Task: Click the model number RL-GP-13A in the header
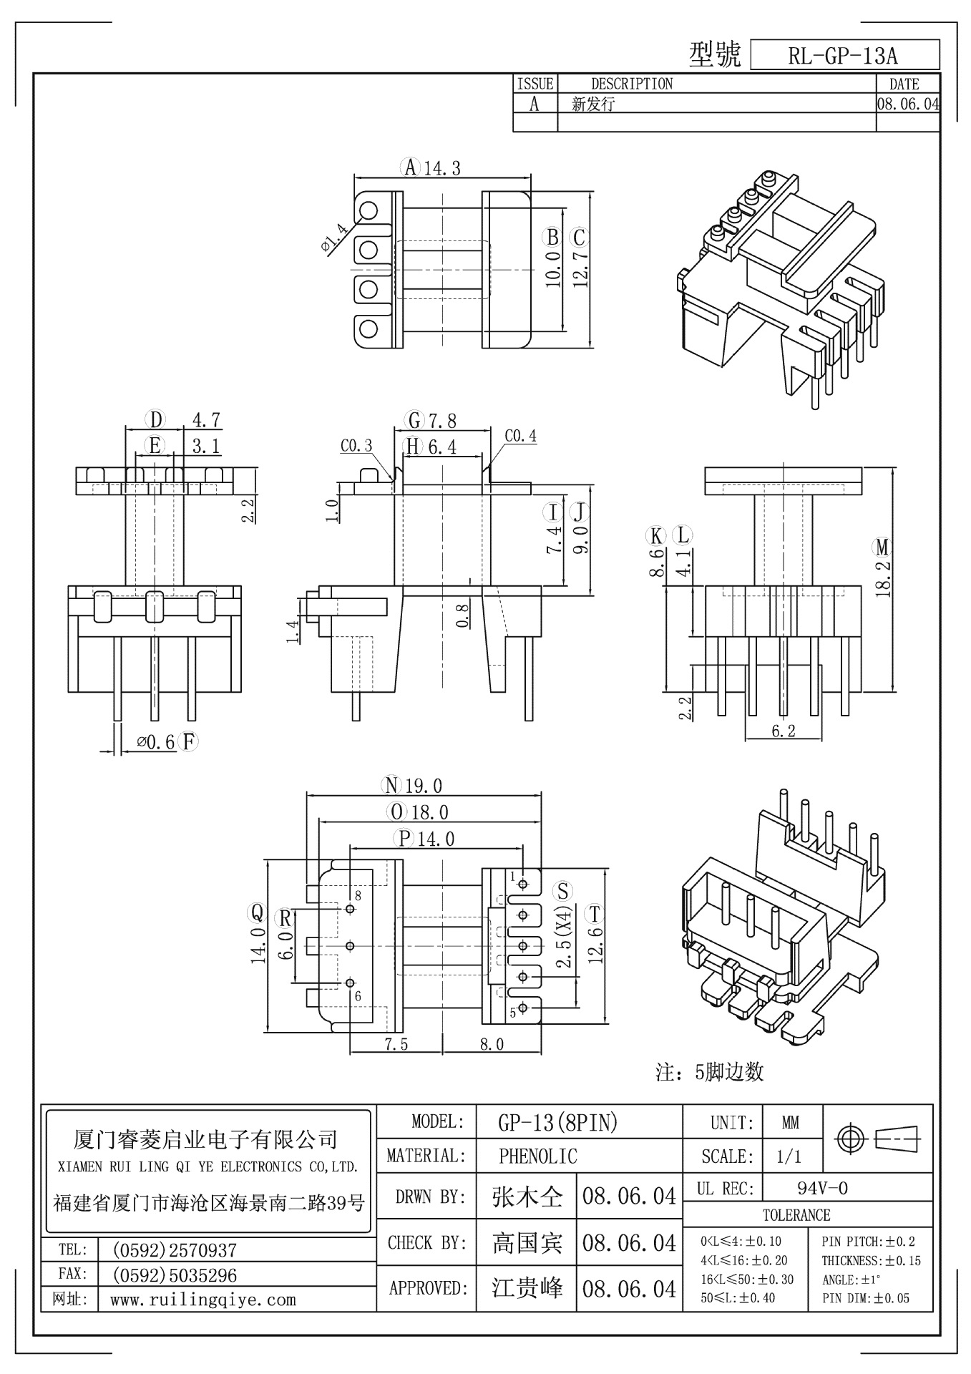(843, 56)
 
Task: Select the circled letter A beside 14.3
(410, 167)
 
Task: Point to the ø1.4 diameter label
(335, 238)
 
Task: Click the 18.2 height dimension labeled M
(882, 579)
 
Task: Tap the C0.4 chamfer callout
(520, 436)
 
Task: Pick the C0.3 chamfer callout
(356, 446)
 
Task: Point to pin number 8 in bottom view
(358, 895)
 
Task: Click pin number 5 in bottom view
(512, 1013)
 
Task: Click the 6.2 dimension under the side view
(784, 731)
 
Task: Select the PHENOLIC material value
(537, 1156)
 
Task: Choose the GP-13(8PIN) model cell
(557, 1123)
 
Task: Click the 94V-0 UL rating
(822, 1189)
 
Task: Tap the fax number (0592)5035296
(175, 1275)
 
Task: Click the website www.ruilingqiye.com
(203, 1300)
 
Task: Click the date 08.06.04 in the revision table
(907, 104)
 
